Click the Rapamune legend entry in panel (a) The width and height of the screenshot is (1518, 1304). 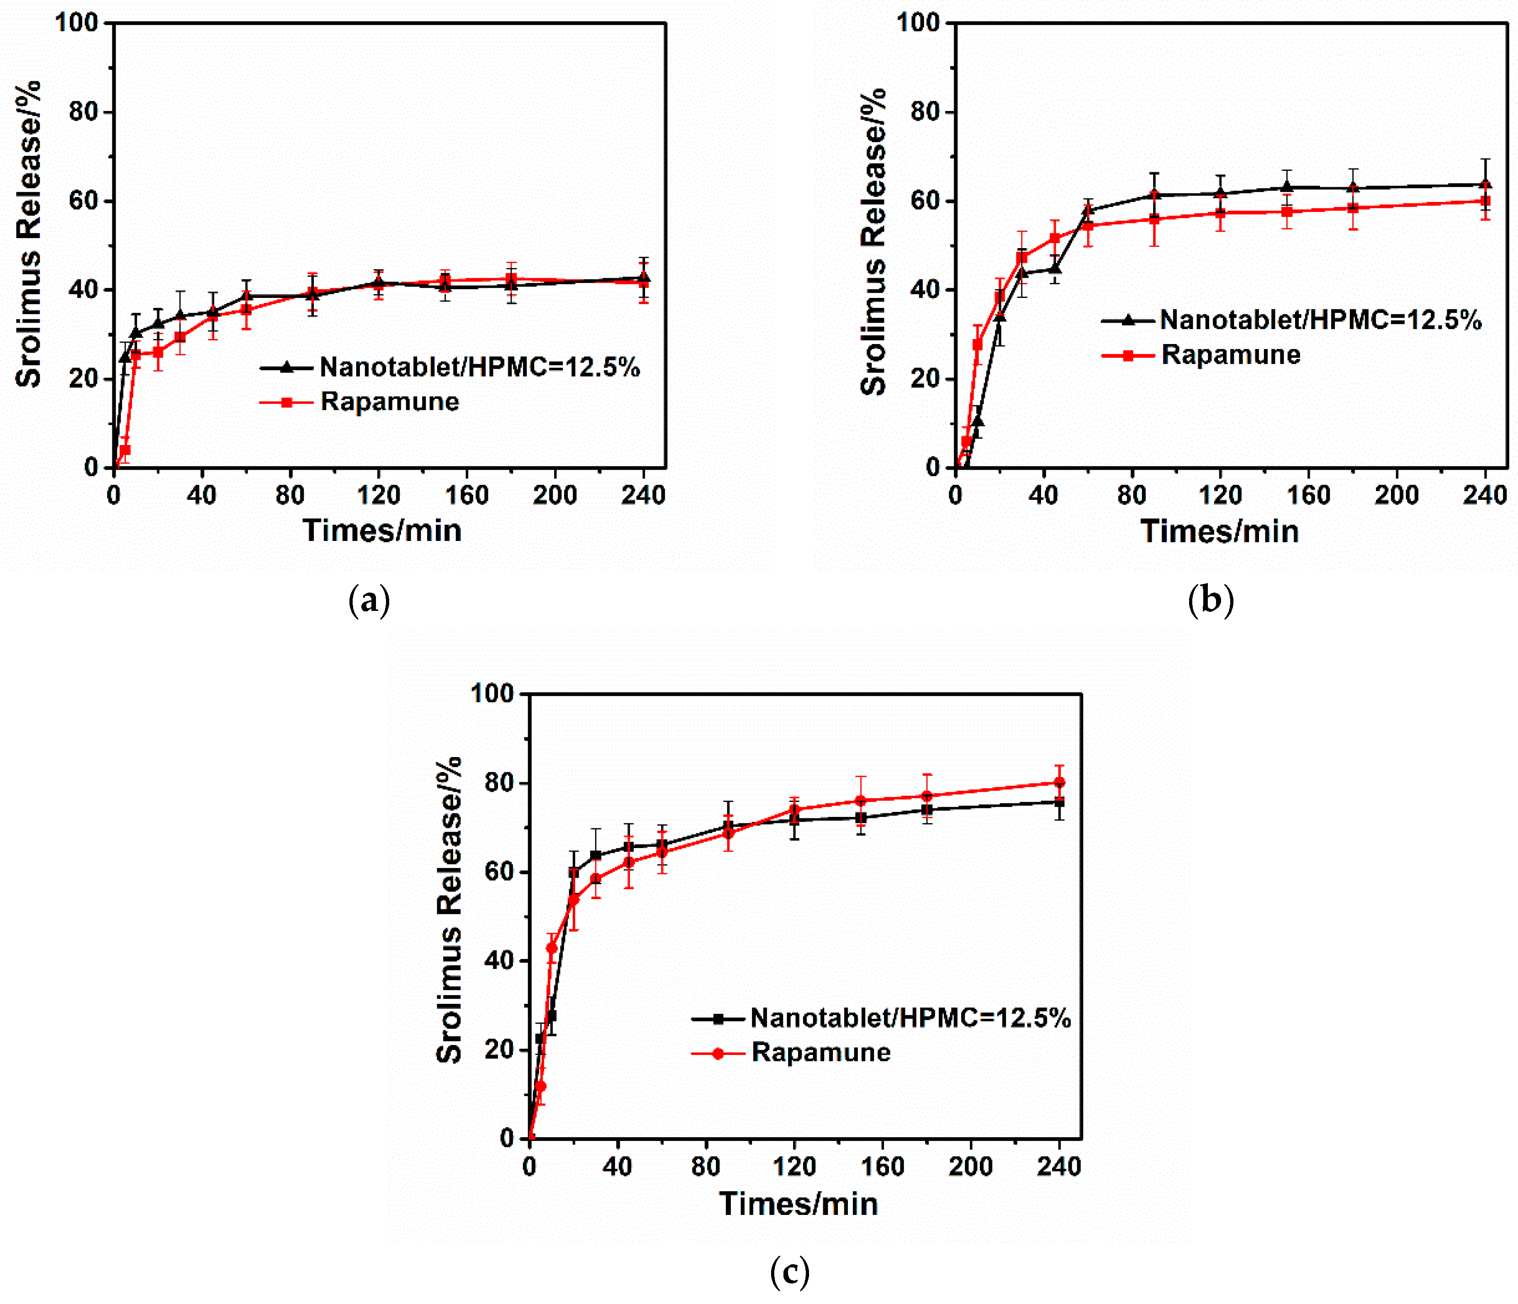(389, 402)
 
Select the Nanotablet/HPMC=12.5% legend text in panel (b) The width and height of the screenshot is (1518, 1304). (1320, 320)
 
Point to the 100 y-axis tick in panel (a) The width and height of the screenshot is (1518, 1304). (76, 23)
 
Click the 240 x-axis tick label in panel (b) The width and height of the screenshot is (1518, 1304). (1484, 496)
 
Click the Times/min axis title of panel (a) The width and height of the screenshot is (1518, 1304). (382, 530)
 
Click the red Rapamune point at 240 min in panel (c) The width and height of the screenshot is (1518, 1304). (1058, 782)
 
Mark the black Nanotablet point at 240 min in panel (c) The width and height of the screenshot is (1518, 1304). (1058, 802)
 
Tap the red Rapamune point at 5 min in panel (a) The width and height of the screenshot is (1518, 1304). (125, 450)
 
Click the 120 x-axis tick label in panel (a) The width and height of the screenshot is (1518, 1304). (378, 496)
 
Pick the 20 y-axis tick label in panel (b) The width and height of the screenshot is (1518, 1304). (926, 379)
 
